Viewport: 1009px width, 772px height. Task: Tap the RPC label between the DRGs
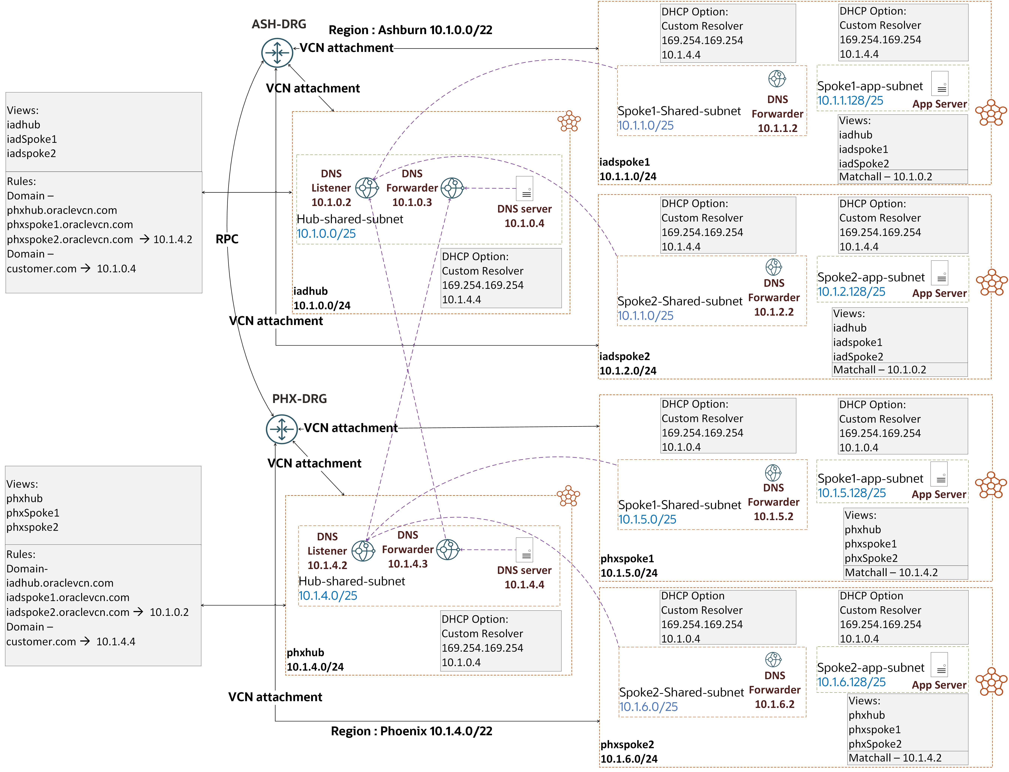(227, 239)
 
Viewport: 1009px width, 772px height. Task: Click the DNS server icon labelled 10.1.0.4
(525, 188)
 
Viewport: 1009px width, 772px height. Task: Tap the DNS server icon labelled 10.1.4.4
(525, 550)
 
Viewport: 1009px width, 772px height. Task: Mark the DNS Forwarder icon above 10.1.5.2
(773, 472)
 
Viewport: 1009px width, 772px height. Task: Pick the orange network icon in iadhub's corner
(569, 121)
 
